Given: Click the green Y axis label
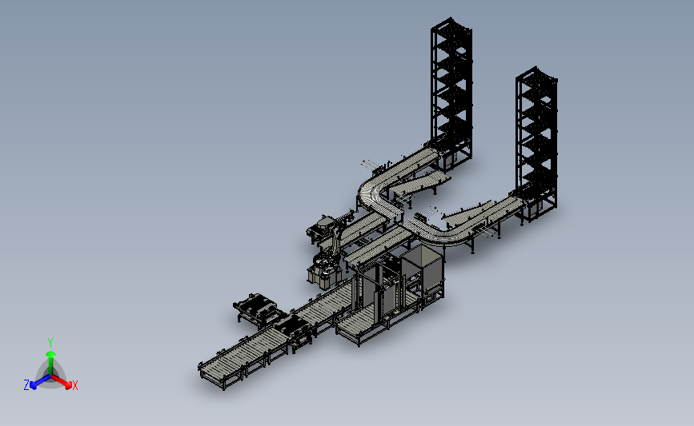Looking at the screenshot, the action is (x=50, y=343).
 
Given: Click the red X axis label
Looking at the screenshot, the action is (x=74, y=385).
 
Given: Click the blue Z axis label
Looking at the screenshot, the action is (x=26, y=385).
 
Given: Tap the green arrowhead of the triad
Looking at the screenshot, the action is (x=51, y=354).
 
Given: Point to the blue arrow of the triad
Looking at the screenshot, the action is (x=41, y=381).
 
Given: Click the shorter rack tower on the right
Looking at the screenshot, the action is (x=536, y=141).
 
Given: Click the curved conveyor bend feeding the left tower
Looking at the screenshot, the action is (x=375, y=193).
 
